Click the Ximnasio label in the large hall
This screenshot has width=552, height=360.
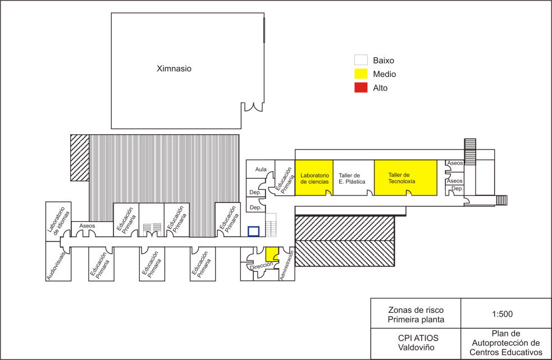coord(174,69)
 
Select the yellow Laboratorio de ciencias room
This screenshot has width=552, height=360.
coord(314,177)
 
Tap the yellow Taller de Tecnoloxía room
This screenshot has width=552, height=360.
coord(405,177)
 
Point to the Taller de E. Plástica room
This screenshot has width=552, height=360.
coord(354,177)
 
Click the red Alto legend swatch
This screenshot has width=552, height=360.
coord(361,88)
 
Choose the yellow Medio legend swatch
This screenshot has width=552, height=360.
coord(361,74)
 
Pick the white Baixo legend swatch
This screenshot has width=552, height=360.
coord(361,60)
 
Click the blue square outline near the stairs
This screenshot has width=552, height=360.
coord(253,231)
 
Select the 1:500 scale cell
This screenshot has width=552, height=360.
coord(505,313)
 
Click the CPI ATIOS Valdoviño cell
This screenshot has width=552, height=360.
coord(415,343)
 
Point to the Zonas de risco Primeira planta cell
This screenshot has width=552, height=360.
coord(415,314)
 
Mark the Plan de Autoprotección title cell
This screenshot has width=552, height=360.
coord(505,343)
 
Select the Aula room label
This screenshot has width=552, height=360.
coord(261,169)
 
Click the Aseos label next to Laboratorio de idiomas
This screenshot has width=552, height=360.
coord(87,226)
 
